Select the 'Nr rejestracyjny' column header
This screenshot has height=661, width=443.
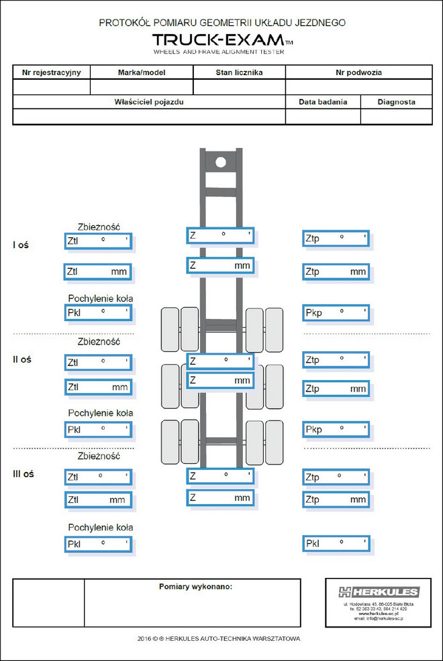[x=52, y=72]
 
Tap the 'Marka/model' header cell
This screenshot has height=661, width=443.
[x=142, y=72]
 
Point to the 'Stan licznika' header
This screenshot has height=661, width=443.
[x=239, y=72]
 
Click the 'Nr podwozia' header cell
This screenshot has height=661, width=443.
[x=359, y=72]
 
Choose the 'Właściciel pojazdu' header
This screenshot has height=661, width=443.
[x=149, y=102]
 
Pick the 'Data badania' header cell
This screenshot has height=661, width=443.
[x=323, y=102]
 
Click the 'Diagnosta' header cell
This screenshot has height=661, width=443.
[x=396, y=102]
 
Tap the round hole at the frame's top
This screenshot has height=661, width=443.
[x=220, y=162]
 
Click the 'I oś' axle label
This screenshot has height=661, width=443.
[x=21, y=245]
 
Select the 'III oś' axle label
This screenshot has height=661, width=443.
[x=23, y=474]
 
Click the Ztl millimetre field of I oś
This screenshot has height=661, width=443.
[x=98, y=272]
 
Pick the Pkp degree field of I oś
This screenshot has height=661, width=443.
[x=336, y=312]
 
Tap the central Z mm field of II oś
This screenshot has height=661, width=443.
[x=220, y=381]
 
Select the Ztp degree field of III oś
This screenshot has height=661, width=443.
[x=336, y=477]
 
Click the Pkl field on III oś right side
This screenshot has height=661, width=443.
[x=336, y=543]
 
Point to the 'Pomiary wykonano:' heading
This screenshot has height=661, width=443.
[x=195, y=587]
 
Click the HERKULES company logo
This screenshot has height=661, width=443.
[x=379, y=592]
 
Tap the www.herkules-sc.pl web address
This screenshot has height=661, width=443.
[x=379, y=613]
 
